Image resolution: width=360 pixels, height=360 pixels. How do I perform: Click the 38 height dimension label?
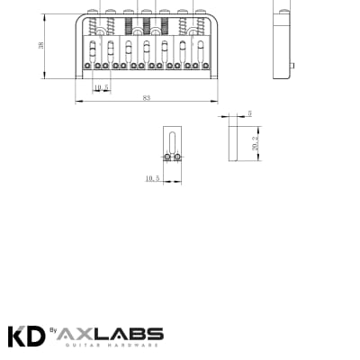pyautogui.click(x=41, y=45)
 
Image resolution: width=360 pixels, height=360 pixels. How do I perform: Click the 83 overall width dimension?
pyautogui.click(x=146, y=97)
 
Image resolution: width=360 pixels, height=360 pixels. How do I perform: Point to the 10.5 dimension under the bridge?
pyautogui.click(x=101, y=87)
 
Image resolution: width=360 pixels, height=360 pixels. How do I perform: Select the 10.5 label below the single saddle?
pyautogui.click(x=151, y=178)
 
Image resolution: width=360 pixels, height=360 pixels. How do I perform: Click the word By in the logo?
pyautogui.click(x=53, y=331)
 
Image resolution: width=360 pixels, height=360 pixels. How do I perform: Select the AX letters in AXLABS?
pyautogui.click(x=80, y=333)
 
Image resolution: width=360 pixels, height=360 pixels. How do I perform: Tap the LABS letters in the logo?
pyautogui.click(x=131, y=333)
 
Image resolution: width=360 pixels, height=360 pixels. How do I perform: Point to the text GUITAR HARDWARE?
pyautogui.click(x=112, y=345)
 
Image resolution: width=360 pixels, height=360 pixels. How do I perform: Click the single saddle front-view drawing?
pyautogui.click(x=174, y=146)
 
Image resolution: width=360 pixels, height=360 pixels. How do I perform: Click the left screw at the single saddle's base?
pyautogui.click(x=169, y=157)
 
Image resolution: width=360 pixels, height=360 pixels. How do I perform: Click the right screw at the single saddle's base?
pyautogui.click(x=178, y=157)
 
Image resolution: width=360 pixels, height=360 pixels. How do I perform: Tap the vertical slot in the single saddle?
pyautogui.click(x=174, y=141)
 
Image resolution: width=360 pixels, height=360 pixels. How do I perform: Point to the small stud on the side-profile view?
pyautogui.click(x=295, y=66)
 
